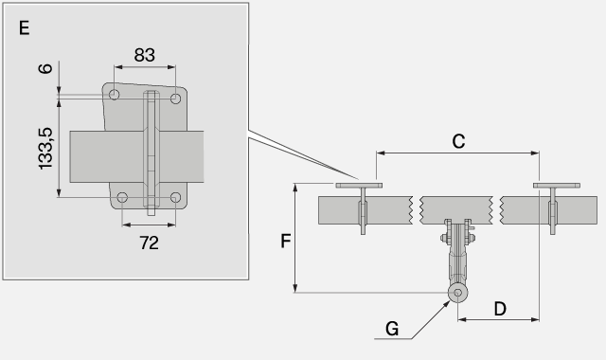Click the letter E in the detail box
[24, 28]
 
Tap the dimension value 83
[145, 55]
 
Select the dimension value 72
[150, 243]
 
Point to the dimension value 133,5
[45, 149]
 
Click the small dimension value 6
[45, 68]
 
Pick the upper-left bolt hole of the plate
[114, 95]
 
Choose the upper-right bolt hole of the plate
[175, 99]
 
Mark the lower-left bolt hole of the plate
[122, 198]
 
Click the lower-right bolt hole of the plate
[175, 198]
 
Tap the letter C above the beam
[458, 141]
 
